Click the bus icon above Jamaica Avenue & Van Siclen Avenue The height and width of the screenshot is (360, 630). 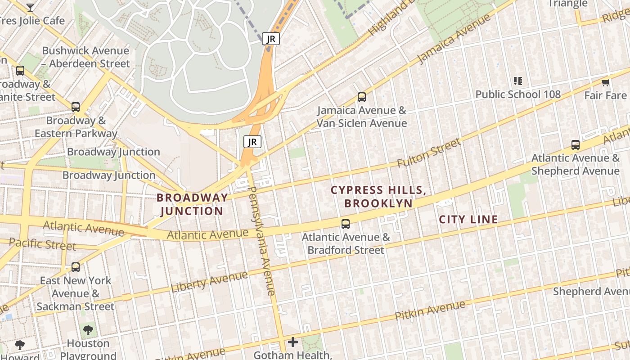tap(361, 97)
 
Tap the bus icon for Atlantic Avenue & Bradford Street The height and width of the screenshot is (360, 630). tap(346, 224)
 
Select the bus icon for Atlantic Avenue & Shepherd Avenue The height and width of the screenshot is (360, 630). tap(576, 144)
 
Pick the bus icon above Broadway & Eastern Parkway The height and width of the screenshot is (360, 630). tap(76, 107)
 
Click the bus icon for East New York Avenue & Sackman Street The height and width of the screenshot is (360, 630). tap(76, 267)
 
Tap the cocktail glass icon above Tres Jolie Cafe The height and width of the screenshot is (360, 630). tap(30, 7)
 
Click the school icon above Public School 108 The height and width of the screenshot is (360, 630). tap(518, 81)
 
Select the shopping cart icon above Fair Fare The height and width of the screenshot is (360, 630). tap(605, 82)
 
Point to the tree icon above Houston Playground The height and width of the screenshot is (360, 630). tap(88, 330)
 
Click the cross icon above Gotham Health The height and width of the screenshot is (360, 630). tap(293, 342)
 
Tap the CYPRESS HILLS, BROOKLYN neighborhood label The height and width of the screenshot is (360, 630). tap(378, 197)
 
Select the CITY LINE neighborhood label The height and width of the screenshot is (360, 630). tap(468, 220)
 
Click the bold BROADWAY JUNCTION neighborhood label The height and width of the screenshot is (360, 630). tap(192, 204)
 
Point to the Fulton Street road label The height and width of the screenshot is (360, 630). tap(429, 153)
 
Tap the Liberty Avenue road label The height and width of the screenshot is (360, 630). tap(209, 282)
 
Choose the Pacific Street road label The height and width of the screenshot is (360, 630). tap(42, 244)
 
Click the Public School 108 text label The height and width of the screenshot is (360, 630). tap(518, 94)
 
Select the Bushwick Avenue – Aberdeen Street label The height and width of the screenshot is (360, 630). tap(85, 57)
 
